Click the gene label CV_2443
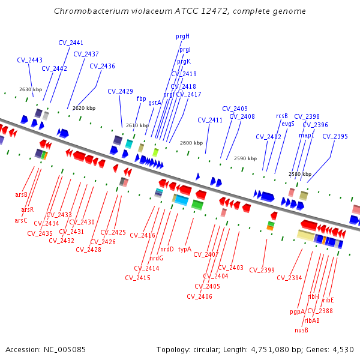point(29,60)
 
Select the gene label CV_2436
point(102,66)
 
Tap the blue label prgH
point(182,36)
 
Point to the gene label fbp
point(141,98)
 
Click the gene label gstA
point(155,103)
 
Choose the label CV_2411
point(210,120)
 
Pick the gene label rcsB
point(282,116)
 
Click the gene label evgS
point(288,124)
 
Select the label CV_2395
point(335,136)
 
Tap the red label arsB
point(22,194)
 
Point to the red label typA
point(184,248)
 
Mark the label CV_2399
point(262,270)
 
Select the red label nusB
point(301,329)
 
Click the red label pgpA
point(298,311)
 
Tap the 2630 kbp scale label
point(31,89)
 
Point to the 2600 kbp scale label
point(191,143)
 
